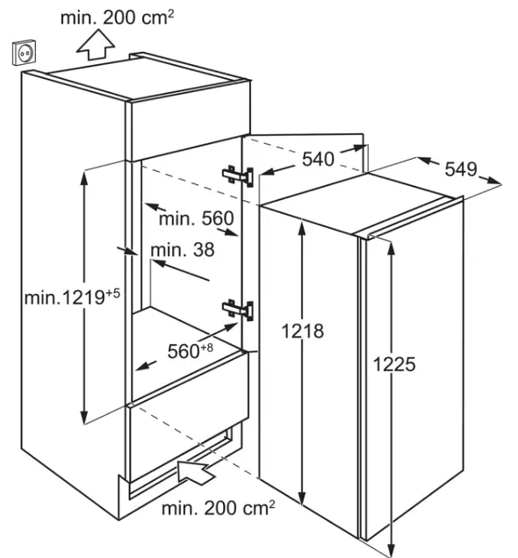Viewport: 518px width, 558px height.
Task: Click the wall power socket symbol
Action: [x=25, y=53]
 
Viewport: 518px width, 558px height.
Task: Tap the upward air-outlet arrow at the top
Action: [x=96, y=45]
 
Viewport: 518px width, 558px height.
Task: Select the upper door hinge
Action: [x=238, y=176]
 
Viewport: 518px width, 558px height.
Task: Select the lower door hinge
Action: [x=238, y=310]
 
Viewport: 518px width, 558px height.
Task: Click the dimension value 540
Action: [x=318, y=159]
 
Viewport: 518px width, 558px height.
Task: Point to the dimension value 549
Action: [x=461, y=169]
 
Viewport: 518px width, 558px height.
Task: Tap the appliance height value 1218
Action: [x=303, y=332]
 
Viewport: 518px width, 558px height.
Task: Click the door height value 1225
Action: [x=394, y=364]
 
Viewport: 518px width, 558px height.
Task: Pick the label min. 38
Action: [x=183, y=250]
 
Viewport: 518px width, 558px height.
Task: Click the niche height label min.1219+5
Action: [x=72, y=297]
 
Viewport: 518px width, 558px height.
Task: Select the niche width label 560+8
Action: [x=191, y=351]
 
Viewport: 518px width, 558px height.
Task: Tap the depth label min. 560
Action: [x=196, y=218]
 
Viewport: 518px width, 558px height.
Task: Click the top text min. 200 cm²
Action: [x=118, y=18]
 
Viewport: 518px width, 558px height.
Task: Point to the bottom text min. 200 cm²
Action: [x=219, y=508]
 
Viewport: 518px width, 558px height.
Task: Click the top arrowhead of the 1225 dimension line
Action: [x=392, y=248]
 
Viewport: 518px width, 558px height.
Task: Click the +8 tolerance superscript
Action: [x=207, y=347]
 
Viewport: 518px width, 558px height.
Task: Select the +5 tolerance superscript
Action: [x=113, y=294]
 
